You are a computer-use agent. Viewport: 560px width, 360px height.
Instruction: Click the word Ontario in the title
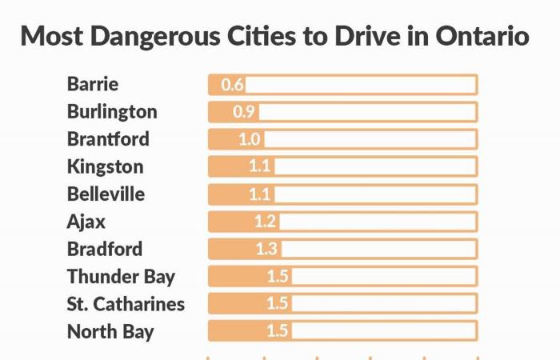[x=482, y=37]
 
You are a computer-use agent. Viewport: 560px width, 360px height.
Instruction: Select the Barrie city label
[x=93, y=84]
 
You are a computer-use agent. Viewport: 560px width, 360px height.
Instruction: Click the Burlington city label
[x=112, y=111]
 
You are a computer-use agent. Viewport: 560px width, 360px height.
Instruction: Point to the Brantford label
[x=108, y=138]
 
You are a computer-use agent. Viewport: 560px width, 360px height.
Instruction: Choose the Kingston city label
[x=106, y=166]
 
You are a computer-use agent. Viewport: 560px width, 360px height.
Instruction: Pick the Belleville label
[x=106, y=194]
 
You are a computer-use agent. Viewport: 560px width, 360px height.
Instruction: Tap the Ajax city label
[x=86, y=222]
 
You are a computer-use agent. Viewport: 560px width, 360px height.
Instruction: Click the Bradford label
[x=105, y=249]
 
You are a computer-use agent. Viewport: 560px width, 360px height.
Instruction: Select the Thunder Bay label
[x=121, y=277]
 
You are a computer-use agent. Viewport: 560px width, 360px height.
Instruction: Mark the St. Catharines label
[x=126, y=304]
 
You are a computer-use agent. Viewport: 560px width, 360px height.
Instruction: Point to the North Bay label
[x=110, y=331]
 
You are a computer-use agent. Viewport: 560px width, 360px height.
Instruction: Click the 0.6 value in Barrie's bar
[x=233, y=85]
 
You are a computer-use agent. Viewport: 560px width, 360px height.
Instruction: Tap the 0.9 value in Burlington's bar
[x=243, y=112]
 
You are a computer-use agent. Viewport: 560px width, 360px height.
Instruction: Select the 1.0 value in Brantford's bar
[x=250, y=139]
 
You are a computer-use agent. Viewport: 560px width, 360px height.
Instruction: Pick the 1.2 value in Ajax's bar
[x=265, y=222]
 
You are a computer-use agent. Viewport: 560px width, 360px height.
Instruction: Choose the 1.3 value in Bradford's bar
[x=267, y=249]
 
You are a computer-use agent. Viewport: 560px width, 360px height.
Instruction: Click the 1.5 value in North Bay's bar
[x=278, y=331]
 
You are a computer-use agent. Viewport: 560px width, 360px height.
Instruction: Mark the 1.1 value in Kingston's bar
[x=261, y=166]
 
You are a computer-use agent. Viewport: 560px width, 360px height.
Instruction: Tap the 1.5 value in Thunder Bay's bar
[x=278, y=277]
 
